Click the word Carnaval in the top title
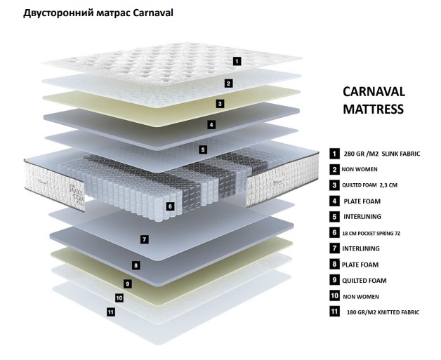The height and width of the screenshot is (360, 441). [x=150, y=13]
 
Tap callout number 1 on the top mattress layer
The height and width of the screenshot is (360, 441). [x=237, y=61]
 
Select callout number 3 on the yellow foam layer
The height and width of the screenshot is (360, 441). [x=220, y=103]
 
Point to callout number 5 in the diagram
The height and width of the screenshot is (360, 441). [x=202, y=149]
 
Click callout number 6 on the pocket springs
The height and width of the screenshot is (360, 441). [x=169, y=206]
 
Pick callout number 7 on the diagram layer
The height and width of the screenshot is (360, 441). [x=144, y=239]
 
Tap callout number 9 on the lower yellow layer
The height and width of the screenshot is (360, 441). [x=127, y=284]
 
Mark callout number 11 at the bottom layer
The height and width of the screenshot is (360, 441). [x=110, y=312]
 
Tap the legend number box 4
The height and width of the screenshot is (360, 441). [x=334, y=201]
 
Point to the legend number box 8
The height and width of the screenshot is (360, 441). [x=334, y=264]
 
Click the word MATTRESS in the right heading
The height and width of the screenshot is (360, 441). [x=373, y=109]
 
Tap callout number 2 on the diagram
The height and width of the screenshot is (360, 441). [x=228, y=83]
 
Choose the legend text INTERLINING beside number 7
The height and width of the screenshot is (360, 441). [x=361, y=248]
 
